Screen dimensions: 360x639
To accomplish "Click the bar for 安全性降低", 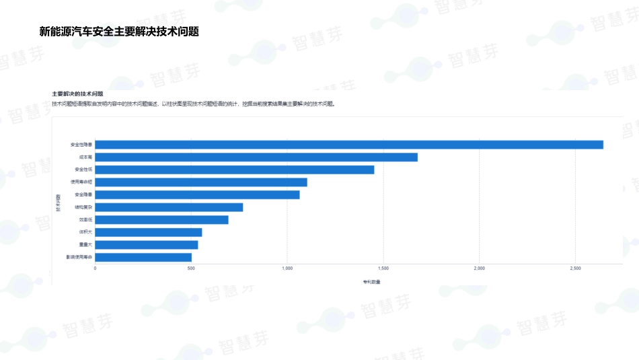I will tap(348, 145).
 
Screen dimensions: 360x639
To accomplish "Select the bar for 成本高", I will tap(256, 157).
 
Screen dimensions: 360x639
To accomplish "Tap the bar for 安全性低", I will tap(234, 170).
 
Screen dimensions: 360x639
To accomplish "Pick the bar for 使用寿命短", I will tap(200, 182).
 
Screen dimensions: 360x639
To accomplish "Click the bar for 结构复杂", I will tap(169, 207).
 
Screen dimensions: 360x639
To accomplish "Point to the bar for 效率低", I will tap(161, 220).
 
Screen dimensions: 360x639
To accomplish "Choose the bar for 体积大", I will tap(148, 233).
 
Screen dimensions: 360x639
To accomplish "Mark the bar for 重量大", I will tap(146, 245).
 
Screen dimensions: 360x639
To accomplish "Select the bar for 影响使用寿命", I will tap(143, 258).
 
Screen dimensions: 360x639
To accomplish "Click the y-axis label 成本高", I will tap(85, 157).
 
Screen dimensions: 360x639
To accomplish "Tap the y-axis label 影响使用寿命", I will tap(79, 258).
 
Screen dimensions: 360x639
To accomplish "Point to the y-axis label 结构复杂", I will tap(83, 207).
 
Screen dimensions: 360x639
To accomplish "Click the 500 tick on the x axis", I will tap(191, 268).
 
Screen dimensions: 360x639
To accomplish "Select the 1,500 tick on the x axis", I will tap(383, 268).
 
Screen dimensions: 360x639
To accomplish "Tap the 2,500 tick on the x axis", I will tap(575, 268).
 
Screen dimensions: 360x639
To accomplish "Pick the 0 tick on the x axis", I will tap(95, 268).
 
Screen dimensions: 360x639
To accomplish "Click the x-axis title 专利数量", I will tap(371, 281).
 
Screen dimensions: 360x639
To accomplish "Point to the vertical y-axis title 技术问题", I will tap(59, 201).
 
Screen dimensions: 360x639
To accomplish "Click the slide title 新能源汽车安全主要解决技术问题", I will tap(120, 32).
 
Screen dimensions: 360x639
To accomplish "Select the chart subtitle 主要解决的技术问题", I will tap(77, 94).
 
